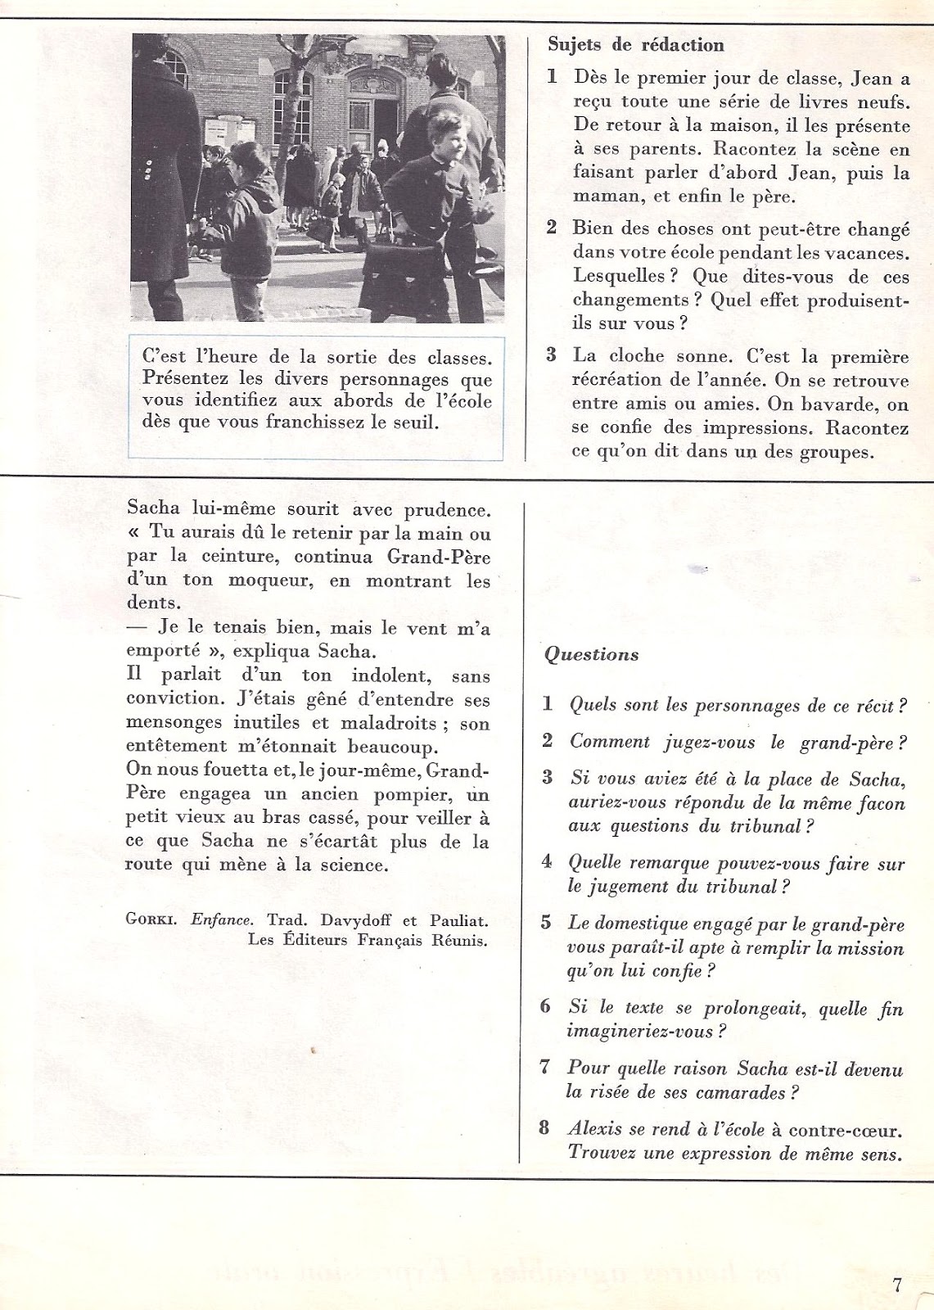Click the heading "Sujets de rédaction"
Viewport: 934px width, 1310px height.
[635, 45]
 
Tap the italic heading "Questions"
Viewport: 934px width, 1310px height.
[591, 654]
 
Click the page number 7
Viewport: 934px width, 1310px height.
[897, 1284]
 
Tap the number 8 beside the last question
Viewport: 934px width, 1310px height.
[544, 1128]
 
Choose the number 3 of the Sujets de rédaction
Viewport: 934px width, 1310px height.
[552, 355]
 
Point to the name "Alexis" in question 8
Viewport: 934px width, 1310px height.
[595, 1129]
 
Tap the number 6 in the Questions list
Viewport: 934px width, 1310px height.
[545, 1006]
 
